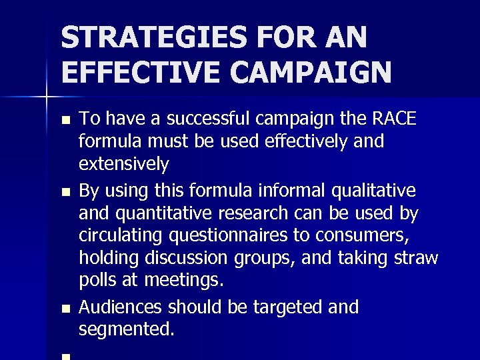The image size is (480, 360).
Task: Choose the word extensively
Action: tap(123, 164)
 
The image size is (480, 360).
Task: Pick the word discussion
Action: tap(192, 258)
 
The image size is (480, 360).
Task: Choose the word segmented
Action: tap(126, 329)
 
